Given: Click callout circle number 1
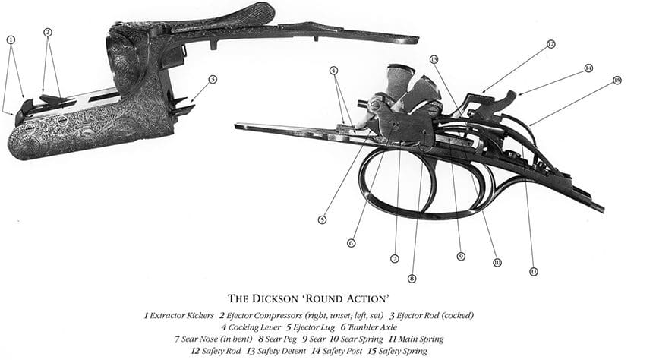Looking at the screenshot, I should tap(11, 39).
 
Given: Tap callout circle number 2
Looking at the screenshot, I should tap(48, 32).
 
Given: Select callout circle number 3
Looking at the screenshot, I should tap(213, 79).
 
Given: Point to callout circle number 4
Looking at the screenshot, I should tap(333, 71).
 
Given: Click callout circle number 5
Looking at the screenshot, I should tap(322, 220).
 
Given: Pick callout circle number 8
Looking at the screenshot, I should tap(412, 279).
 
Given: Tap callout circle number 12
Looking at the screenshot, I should tap(551, 44).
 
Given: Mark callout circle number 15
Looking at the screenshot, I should tap(617, 80).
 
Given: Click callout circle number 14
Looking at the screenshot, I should tap(588, 68).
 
